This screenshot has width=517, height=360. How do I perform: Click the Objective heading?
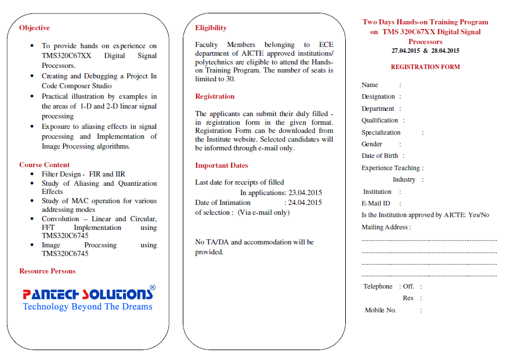[34, 28]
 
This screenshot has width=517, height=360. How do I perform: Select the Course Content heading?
[44, 165]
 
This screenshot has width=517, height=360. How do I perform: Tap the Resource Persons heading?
[47, 271]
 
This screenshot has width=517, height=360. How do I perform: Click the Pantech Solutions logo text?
[88, 294]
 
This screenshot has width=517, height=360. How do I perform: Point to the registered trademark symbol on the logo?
[153, 287]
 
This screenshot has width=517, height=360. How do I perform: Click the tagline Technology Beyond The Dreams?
[88, 307]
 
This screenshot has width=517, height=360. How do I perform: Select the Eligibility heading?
[211, 28]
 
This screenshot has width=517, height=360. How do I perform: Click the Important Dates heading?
[221, 165]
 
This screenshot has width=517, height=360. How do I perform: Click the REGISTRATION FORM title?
[425, 67]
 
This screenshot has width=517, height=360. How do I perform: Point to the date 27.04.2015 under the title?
[406, 51]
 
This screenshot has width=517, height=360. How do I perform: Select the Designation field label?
[378, 97]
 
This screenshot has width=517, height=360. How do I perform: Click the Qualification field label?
[379, 121]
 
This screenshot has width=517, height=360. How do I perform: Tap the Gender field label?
[371, 144]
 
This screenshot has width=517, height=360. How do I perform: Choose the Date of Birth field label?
[379, 156]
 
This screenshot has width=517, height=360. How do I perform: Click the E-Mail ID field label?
[376, 203]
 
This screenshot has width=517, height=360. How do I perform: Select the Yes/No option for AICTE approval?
[478, 215]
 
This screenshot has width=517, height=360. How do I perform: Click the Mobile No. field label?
[380, 310]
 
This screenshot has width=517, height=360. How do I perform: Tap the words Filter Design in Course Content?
[63, 174]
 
